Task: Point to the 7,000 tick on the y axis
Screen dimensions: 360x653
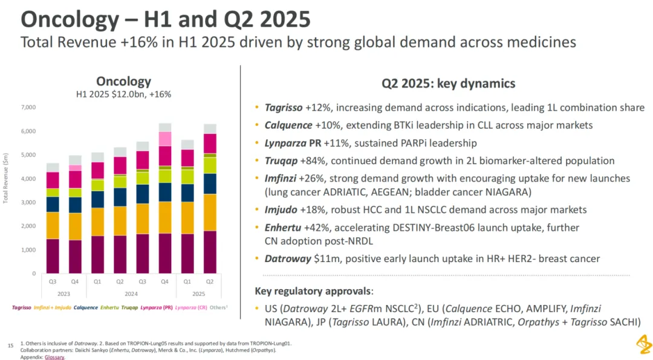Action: click(28, 108)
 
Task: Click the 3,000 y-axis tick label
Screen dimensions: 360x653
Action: click(28, 203)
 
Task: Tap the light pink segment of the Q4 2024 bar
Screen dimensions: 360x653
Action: click(165, 139)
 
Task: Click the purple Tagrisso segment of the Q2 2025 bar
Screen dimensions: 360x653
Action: click(210, 252)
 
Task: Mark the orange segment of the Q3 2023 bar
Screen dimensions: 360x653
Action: click(53, 225)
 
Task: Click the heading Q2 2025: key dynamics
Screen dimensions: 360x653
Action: click(448, 83)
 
